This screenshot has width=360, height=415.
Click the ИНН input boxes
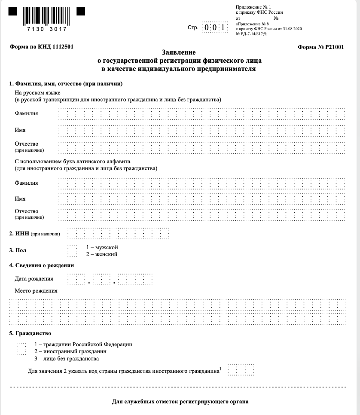coord(119,234)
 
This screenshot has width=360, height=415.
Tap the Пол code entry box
coord(72,251)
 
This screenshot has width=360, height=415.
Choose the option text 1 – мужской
coord(102,247)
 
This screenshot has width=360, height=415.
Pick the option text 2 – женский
coord(102,254)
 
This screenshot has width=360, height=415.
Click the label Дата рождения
coord(34,279)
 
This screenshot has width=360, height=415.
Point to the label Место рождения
coord(36,291)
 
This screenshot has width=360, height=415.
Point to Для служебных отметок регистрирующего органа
coord(180,402)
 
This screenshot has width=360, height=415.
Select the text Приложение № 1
coord(254,7)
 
